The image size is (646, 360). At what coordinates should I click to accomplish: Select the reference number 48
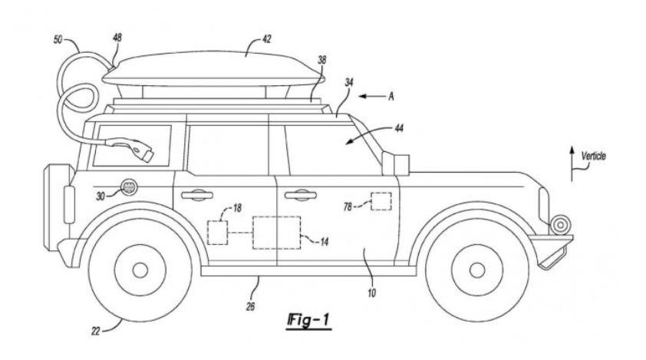117,36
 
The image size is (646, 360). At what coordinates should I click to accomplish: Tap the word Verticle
593,156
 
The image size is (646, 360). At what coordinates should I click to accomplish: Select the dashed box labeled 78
380,200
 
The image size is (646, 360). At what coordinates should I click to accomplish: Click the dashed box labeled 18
217,232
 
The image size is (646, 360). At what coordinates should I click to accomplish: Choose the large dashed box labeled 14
276,233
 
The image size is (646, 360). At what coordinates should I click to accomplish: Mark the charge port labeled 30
128,187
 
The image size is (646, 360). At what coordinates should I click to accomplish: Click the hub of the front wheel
476,269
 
